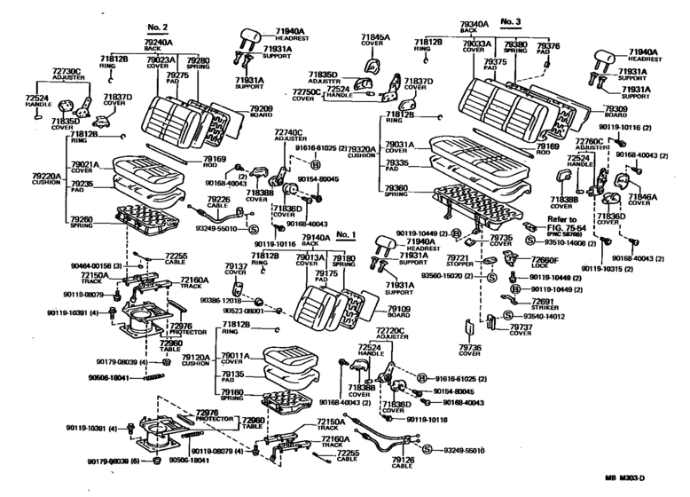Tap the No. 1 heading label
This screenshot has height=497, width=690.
coord(345,236)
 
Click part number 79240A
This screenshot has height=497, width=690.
coord(159,41)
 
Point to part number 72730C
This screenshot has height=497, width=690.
coord(67,68)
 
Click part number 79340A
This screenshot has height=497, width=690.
coord(469,25)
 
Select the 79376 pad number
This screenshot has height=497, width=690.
coord(550,44)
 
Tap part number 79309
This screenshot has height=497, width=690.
coord(616,108)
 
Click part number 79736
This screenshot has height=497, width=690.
coord(470,347)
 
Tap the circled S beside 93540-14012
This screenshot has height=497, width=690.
coord(508,315)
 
